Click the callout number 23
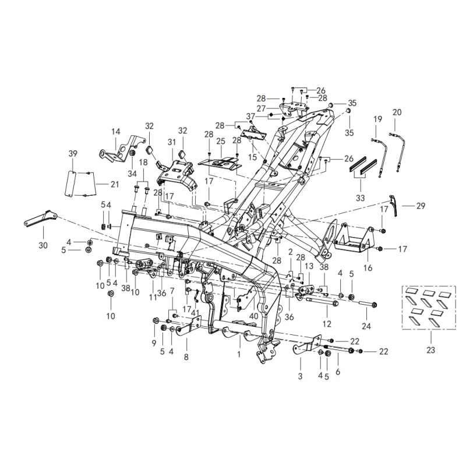point(430,350)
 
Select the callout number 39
point(72,153)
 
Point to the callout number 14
point(115,132)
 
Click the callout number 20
point(397,112)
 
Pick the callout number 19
point(377,119)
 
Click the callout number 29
point(421,206)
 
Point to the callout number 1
point(238,354)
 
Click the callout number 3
point(301,376)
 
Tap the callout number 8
point(186,356)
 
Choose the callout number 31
point(171,142)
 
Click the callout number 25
point(220,142)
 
